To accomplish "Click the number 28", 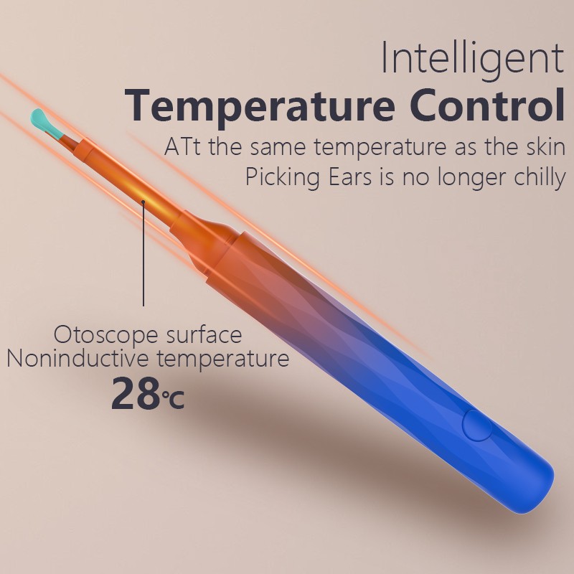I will pos(135,393).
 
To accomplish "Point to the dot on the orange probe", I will pos(144,202).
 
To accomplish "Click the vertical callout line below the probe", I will pos(144,258).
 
